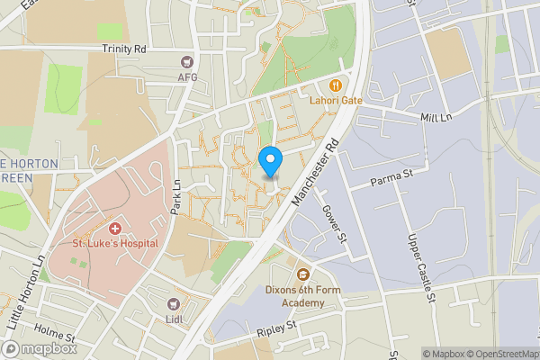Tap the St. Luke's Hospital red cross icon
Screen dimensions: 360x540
point(115,229)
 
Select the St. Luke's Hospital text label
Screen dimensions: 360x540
point(115,243)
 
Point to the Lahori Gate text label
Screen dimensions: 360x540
point(337,100)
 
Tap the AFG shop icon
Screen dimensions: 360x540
point(187,62)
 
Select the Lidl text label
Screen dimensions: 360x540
point(175,319)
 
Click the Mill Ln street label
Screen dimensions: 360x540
point(435,118)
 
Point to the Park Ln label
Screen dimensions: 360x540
point(176,197)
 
